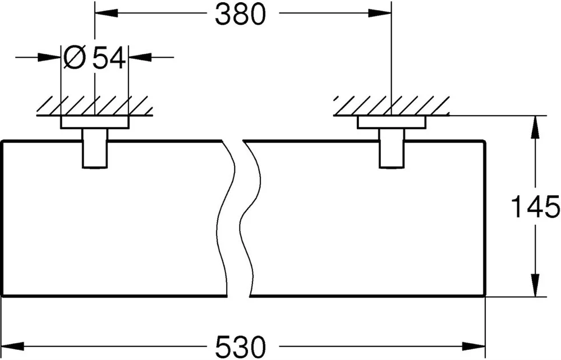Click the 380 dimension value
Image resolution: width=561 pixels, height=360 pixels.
pos(241,15)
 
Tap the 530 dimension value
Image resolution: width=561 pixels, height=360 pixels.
pos(241,346)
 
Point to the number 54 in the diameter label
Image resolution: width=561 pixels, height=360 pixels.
pos(109,57)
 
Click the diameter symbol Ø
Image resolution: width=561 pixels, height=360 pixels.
pos(75,57)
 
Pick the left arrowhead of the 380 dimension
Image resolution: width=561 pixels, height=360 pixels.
pos(106,13)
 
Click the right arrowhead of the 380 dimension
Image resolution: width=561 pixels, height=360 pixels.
pos(380,13)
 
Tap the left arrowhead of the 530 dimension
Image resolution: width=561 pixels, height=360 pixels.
pos(13,346)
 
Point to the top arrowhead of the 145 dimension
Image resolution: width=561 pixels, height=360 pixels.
pos(535,127)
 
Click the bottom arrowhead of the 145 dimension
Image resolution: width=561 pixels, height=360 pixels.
pos(535,285)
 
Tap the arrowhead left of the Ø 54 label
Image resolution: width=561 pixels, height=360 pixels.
pos(49,57)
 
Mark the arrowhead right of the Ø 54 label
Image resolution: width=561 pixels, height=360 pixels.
pos(140,57)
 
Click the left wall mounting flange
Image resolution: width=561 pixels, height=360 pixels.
pos(95,122)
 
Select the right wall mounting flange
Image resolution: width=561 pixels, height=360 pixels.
pos(392,122)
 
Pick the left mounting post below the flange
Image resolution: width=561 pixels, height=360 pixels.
pos(95,148)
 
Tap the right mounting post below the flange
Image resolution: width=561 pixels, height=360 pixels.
pos(392,148)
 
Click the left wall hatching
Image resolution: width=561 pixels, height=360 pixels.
pos(95,106)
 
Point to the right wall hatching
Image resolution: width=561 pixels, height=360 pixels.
pos(392,106)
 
